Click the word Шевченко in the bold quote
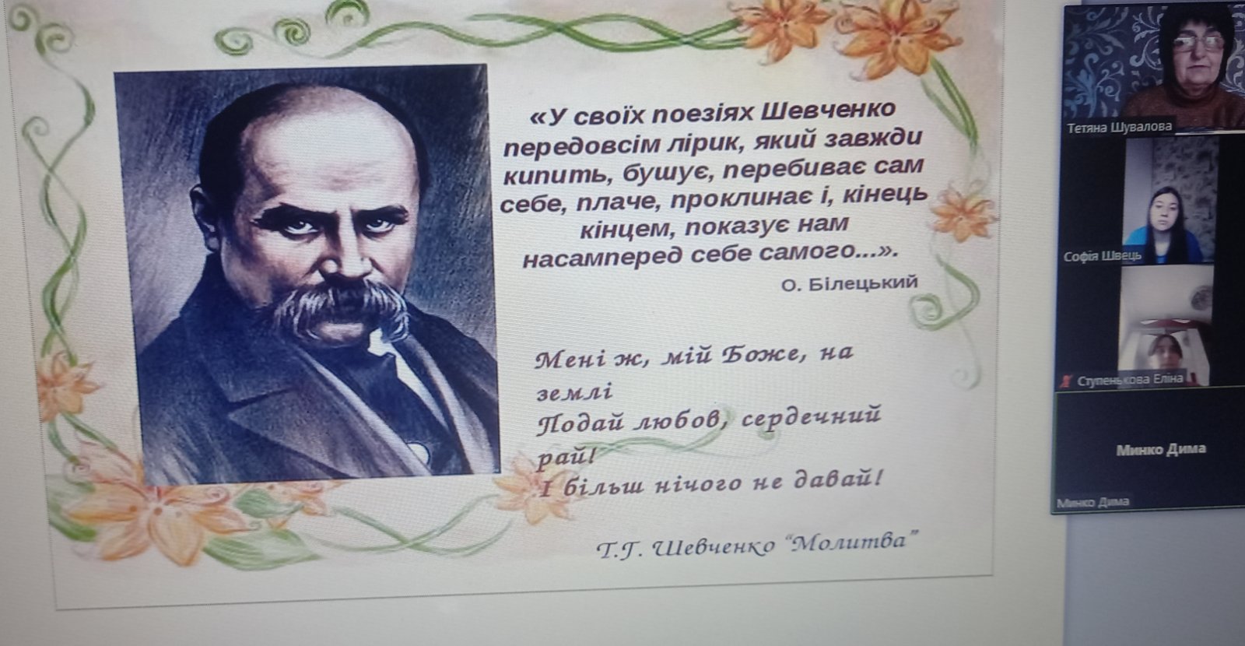(x=828, y=111)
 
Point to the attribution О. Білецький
(x=849, y=284)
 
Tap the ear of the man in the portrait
(x=204, y=214)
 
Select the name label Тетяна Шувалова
(x=1120, y=128)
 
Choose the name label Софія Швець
(x=1102, y=256)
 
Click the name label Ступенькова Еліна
(x=1130, y=381)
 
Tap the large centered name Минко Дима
(x=1161, y=449)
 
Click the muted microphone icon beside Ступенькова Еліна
(x=1067, y=381)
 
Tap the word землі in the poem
(x=574, y=392)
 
